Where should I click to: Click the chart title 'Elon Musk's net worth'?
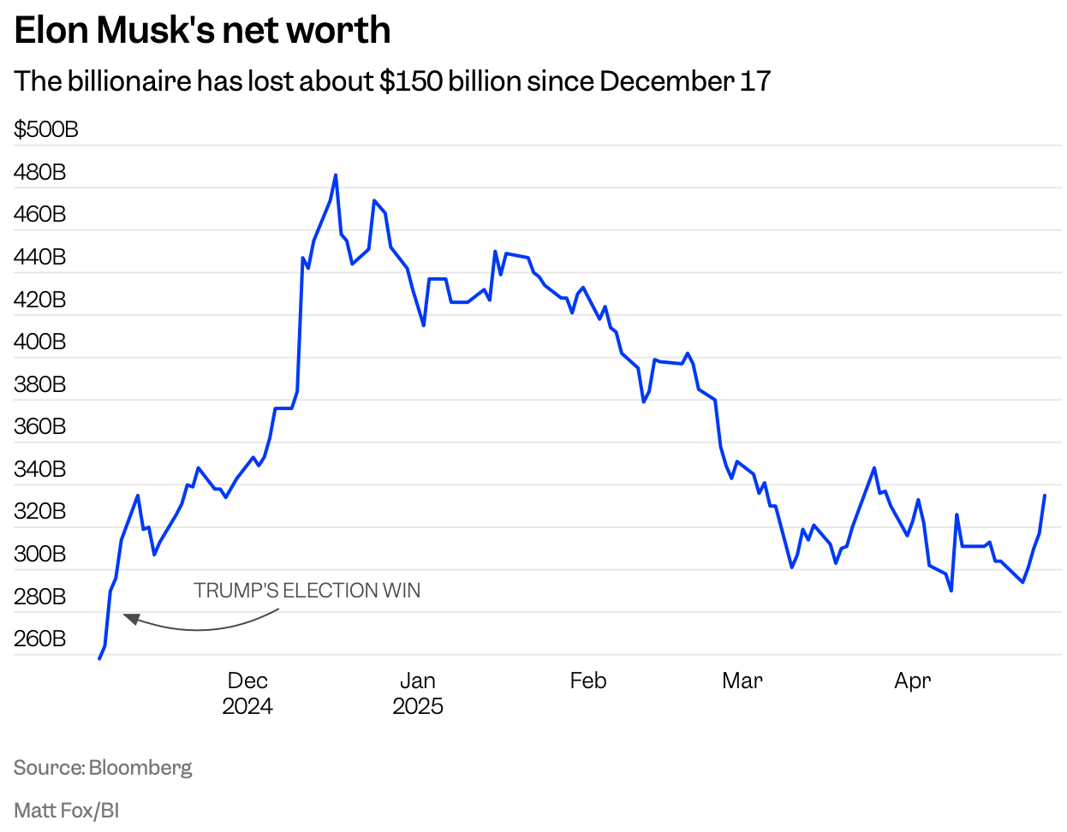(x=202, y=31)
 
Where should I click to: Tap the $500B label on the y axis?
(x=46, y=129)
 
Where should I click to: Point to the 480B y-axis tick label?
(x=40, y=172)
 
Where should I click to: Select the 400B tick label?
(x=40, y=342)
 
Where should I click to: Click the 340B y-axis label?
(x=40, y=469)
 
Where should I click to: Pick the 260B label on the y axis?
(x=40, y=639)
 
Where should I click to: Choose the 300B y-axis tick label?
(x=40, y=554)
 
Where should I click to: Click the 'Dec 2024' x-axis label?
(x=247, y=693)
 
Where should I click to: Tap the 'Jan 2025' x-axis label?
(x=418, y=693)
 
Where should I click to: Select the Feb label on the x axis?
(x=588, y=681)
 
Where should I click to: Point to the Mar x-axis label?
(x=742, y=681)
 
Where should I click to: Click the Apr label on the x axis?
(x=912, y=681)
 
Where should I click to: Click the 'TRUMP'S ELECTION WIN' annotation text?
(x=307, y=591)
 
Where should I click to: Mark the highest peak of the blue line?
(x=336, y=175)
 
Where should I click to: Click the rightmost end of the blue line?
(x=1045, y=496)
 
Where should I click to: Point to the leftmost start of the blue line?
(x=99, y=658)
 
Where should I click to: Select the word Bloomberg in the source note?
(x=140, y=768)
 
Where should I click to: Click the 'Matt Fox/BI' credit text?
(x=67, y=811)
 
